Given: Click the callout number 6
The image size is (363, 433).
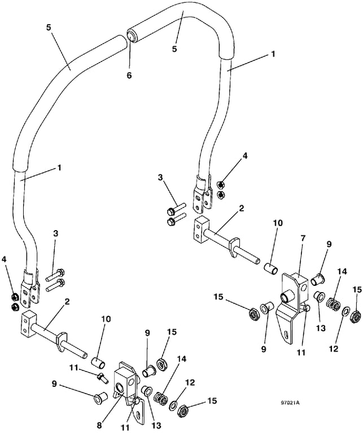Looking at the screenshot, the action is [x=129, y=75].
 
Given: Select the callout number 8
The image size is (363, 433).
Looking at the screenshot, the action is [x=99, y=425].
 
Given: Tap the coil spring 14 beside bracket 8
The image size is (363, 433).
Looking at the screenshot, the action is [x=161, y=399].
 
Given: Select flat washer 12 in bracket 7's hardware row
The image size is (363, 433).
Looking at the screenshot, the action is [x=345, y=312].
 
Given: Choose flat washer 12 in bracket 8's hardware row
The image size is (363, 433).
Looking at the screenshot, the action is [x=174, y=405].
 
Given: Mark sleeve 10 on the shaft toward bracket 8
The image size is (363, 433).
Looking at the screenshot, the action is [x=98, y=363].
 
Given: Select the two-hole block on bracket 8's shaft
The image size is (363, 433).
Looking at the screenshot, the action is [x=28, y=325].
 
